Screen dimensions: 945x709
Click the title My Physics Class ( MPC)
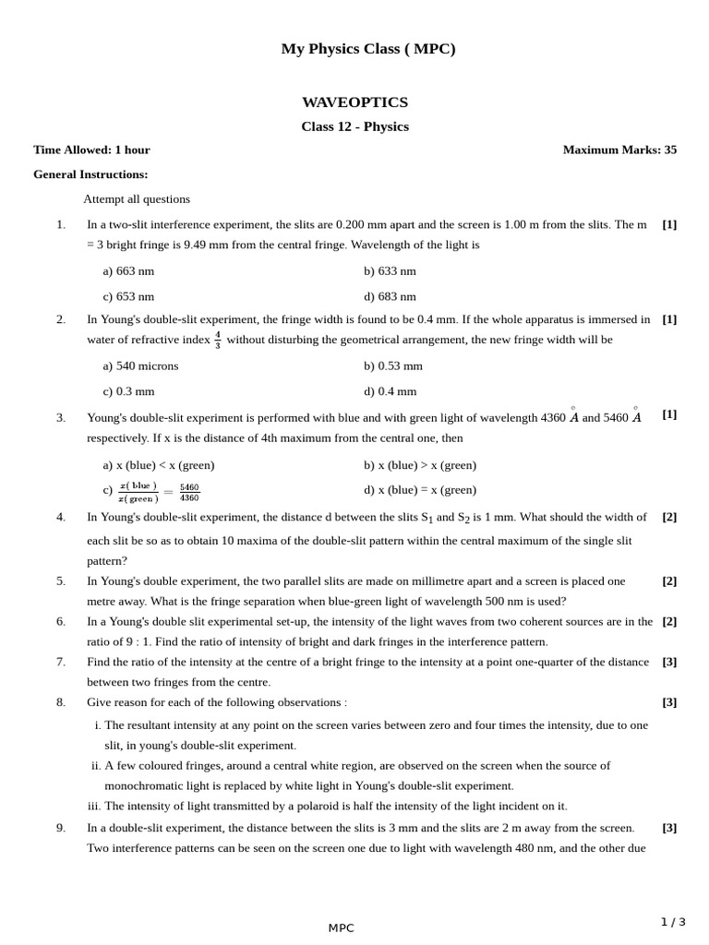point(368,49)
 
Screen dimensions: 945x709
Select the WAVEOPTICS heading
point(354,102)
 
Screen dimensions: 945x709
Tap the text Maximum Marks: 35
point(619,150)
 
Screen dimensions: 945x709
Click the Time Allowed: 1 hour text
point(91,150)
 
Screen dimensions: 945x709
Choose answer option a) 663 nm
point(128,271)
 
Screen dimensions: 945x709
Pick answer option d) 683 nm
point(390,296)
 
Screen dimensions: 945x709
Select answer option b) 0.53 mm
point(392,365)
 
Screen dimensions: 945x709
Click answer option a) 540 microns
point(140,365)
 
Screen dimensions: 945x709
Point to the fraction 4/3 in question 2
point(218,340)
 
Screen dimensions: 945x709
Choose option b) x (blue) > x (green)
point(420,465)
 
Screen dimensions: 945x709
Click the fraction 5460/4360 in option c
point(189,493)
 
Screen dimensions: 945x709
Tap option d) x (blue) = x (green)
point(420,490)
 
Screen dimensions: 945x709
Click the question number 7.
point(61,662)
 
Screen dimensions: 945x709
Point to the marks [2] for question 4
point(669,517)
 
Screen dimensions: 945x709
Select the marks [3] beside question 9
point(669,828)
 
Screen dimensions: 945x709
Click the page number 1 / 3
point(673,922)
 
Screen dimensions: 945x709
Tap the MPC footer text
point(341,928)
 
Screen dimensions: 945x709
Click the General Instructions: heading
point(90,174)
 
